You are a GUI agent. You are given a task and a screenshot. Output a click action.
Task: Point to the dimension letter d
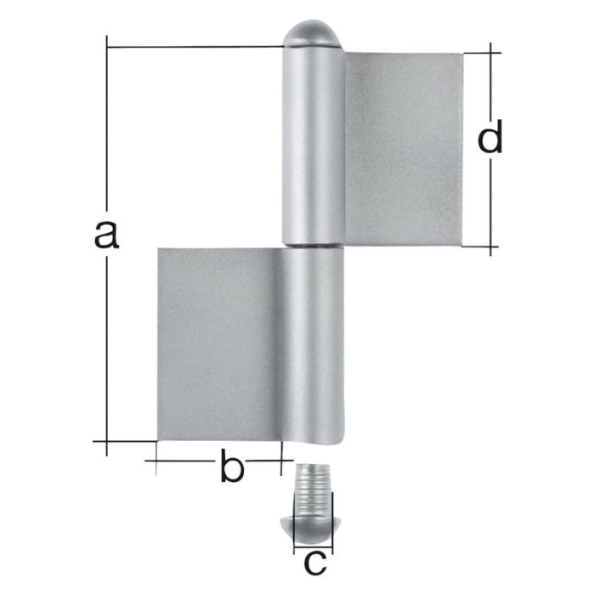pyautogui.click(x=490, y=139)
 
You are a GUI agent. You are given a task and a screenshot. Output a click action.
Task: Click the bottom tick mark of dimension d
pyautogui.click(x=491, y=248)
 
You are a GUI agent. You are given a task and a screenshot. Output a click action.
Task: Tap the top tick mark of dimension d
pyautogui.click(x=491, y=53)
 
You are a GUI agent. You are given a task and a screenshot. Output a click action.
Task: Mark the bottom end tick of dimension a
pyautogui.click(x=107, y=441)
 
